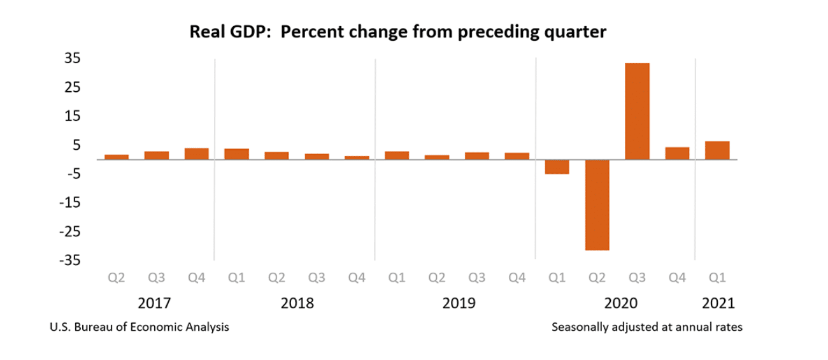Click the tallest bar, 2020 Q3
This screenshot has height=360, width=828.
pos(637,111)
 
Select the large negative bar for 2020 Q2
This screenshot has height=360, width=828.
pos(597,205)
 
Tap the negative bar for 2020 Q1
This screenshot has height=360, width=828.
pos(557,167)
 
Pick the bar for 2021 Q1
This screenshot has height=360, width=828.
pos(717,150)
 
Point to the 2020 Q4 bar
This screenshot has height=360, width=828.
pos(677,154)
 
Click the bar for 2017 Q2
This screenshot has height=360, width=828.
pos(117,157)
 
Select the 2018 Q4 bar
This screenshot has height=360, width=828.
pos(357,157)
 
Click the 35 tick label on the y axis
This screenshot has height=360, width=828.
pos(71,59)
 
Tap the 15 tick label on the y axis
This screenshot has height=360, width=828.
pos(71,116)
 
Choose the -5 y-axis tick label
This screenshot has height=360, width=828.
pos(71,174)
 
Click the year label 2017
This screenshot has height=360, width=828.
pos(154,303)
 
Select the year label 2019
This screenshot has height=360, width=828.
pos(459,303)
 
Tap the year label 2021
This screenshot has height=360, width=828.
pos(718,303)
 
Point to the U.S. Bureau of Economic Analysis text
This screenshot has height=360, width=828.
pos(139,328)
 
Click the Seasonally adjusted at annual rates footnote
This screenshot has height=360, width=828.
pos(647,328)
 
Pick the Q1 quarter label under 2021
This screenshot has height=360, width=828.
pos(717,278)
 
